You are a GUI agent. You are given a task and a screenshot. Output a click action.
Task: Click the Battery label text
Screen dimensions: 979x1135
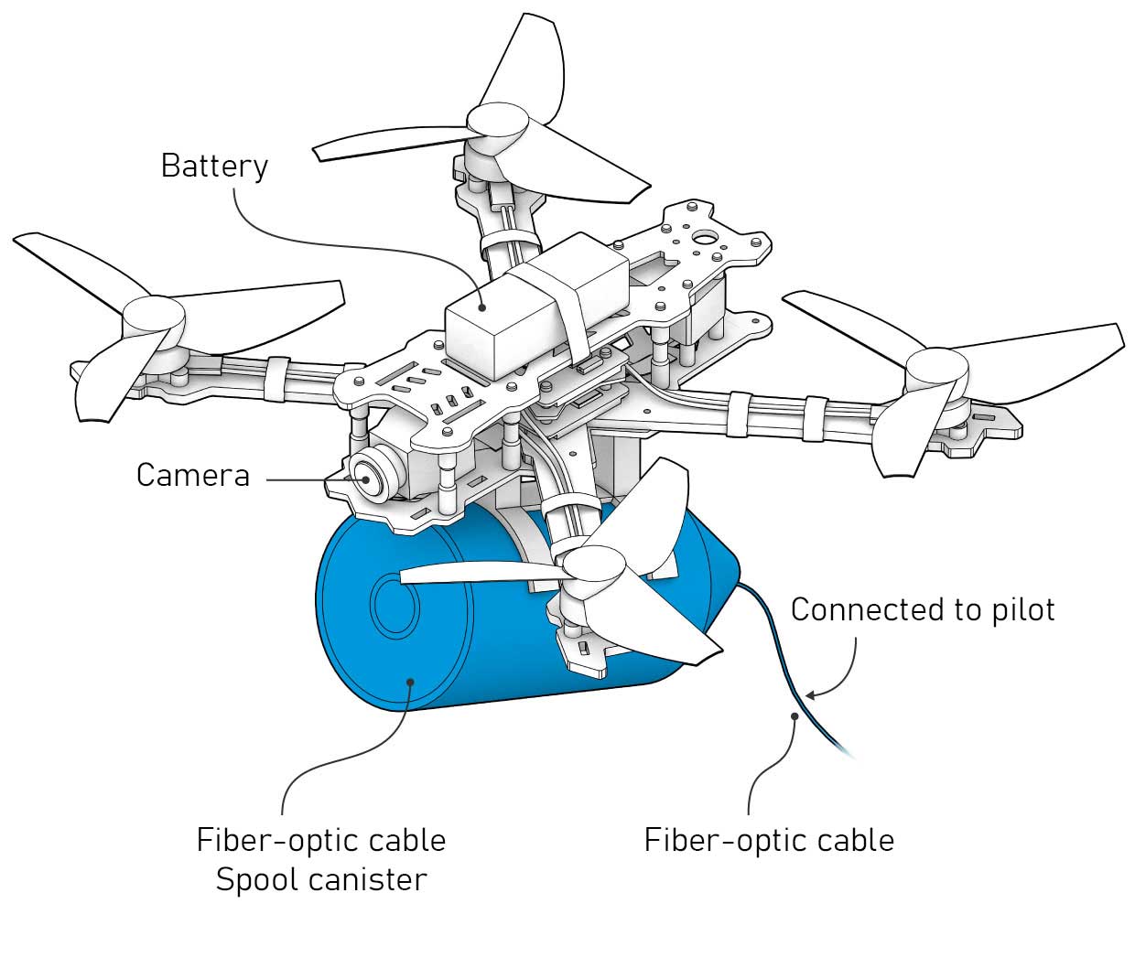tap(214, 166)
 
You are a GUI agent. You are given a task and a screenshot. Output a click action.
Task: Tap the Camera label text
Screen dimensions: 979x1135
tap(192, 475)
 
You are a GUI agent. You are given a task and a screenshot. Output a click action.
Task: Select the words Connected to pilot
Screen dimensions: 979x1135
tap(922, 609)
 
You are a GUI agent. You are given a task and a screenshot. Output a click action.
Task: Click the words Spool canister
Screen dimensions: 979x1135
tap(320, 879)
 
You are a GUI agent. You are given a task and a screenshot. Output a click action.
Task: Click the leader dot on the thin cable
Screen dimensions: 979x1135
tap(796, 715)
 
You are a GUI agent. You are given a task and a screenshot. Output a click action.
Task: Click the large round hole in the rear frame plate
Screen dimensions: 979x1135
tap(706, 239)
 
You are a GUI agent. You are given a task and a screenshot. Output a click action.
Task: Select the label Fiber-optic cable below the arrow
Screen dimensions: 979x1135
tap(769, 840)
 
